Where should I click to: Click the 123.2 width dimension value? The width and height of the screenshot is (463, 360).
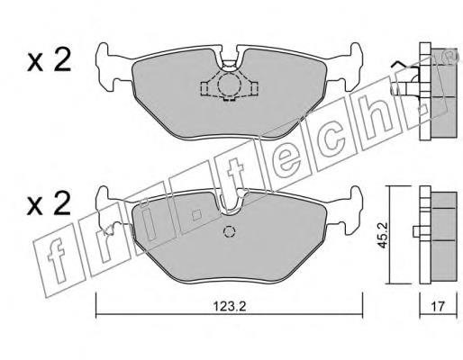click(x=230, y=306)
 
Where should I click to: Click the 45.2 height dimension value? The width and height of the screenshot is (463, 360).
click(x=383, y=235)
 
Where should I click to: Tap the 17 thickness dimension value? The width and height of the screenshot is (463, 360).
click(x=438, y=306)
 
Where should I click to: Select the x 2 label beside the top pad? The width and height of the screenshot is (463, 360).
click(x=49, y=60)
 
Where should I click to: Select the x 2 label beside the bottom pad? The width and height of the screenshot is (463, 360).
click(x=49, y=203)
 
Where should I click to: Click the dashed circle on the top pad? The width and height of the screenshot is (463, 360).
click(x=229, y=85)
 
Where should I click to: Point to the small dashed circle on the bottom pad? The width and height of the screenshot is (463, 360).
click(x=230, y=231)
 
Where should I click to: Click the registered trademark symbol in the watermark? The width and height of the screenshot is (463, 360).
click(x=450, y=57)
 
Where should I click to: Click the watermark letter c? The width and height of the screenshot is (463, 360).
click(x=331, y=139)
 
